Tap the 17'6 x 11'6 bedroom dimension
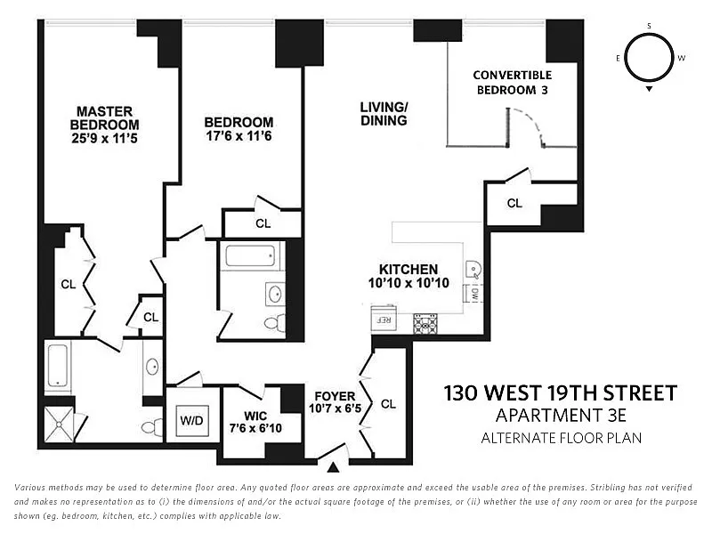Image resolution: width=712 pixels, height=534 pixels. [239, 138]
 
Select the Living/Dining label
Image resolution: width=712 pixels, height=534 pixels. [384, 114]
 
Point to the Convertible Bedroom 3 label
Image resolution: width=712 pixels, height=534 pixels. [513, 82]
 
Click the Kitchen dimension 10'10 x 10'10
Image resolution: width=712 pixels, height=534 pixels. [408, 283]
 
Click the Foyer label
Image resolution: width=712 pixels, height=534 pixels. [334, 396]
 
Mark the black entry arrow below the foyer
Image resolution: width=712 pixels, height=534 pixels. [334, 466]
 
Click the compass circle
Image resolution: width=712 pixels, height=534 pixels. [649, 58]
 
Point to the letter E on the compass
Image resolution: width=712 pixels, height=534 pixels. [619, 58]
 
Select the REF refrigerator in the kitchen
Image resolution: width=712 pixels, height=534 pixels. [385, 319]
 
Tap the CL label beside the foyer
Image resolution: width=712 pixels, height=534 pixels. [388, 403]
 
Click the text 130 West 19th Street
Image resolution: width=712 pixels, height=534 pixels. [560, 392]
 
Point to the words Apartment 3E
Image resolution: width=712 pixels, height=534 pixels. [560, 416]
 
